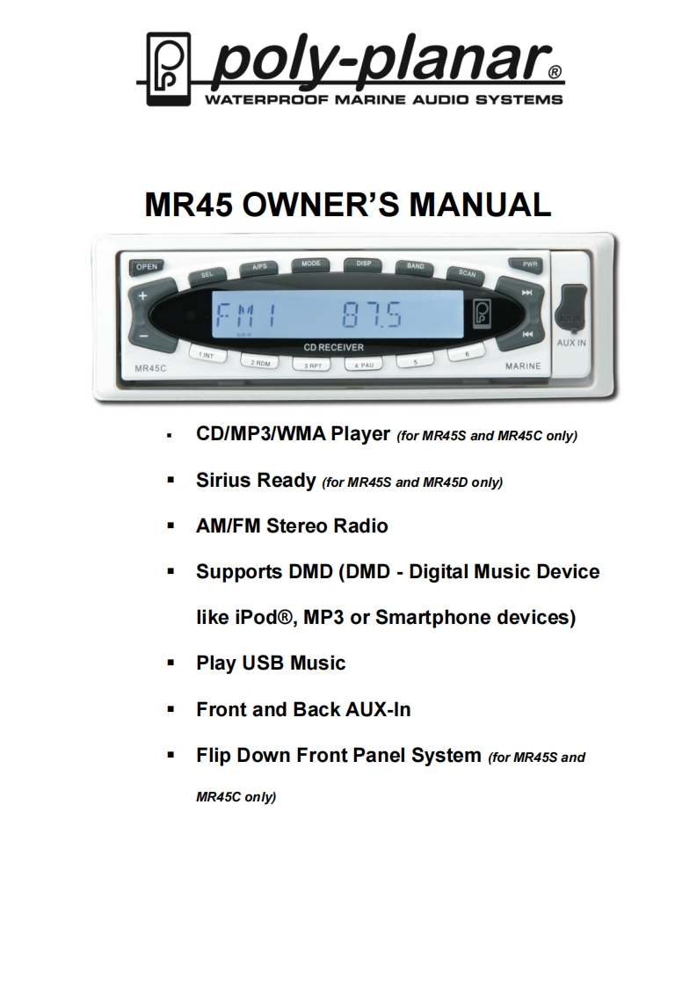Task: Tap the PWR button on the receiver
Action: [x=529, y=263]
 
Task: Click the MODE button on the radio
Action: [x=310, y=264]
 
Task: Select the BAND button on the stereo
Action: [x=415, y=266]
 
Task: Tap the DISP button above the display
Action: [x=362, y=263]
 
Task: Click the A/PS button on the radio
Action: [x=258, y=266]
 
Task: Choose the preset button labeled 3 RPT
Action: [x=312, y=364]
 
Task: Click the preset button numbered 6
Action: [x=467, y=354]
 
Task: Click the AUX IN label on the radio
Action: [x=571, y=342]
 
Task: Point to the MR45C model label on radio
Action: [x=139, y=366]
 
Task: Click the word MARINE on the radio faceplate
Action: [x=523, y=366]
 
